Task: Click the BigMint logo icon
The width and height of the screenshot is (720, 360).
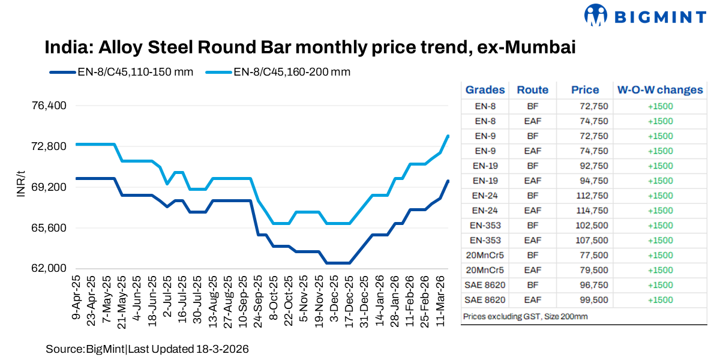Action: click(597, 16)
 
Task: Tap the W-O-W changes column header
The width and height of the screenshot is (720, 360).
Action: click(659, 90)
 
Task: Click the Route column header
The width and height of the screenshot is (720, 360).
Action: click(532, 90)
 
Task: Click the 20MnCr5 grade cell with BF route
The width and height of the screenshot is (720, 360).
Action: click(485, 256)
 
